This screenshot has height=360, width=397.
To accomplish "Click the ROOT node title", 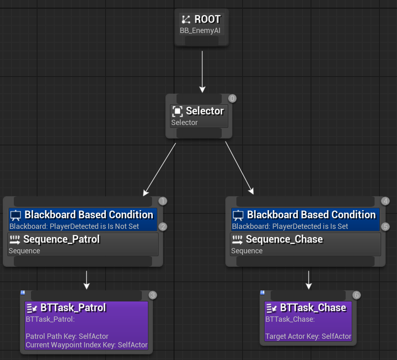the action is pos(207,19).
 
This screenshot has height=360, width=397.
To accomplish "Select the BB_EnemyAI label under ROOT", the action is pos(200,31).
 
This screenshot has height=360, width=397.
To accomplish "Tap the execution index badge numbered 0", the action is pos(232,99).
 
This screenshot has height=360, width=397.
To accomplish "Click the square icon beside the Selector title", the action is pos(177,111).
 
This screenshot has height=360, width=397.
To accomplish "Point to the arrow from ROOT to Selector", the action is pos(202,72).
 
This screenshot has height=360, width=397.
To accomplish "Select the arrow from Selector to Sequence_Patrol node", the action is pos(159,169).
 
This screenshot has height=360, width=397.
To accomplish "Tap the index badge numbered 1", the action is pos(163,201).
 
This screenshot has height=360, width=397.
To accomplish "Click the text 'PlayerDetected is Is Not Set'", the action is pos(94,226).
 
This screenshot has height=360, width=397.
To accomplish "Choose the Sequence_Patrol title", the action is pos(62,239).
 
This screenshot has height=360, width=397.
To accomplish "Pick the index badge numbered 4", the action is pos(385,201).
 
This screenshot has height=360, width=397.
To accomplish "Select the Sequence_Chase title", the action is pos(285,239).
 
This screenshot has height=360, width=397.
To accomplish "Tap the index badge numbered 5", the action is pos(385,227).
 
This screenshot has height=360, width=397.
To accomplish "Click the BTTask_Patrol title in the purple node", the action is pos(73,308).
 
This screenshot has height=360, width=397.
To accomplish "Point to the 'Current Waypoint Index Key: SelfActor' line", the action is pos(86,345).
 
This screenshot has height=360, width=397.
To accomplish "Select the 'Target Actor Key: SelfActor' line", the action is pos(308,336).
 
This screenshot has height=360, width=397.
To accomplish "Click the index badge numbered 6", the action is pos(356,295).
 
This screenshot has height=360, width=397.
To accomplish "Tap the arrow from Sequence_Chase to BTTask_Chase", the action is pos(309,280).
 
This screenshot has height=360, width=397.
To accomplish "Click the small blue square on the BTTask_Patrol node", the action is pos(22,293).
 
